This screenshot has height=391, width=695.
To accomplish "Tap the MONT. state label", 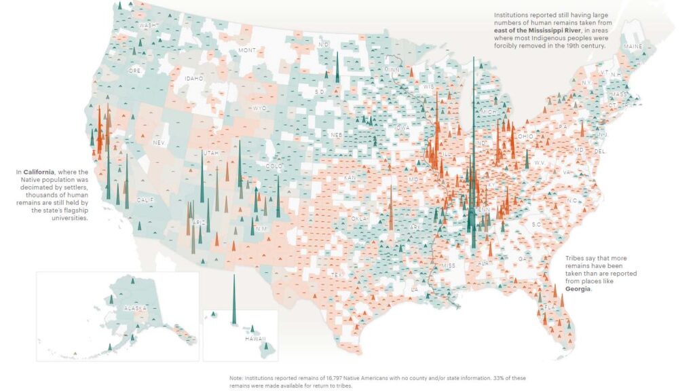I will click(247, 50).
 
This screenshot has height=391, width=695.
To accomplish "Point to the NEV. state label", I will click(159, 143).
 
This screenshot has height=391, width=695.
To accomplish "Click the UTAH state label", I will click(211, 153).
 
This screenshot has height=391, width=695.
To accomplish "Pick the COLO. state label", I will click(274, 166).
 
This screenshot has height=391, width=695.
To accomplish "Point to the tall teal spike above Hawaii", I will click(233, 299).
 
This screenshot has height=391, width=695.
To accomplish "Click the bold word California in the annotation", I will click(41, 172).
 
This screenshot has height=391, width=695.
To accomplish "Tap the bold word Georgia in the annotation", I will click(578, 288).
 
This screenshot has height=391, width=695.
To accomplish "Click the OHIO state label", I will click(525, 136).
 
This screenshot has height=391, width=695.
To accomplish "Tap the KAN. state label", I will click(350, 178).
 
